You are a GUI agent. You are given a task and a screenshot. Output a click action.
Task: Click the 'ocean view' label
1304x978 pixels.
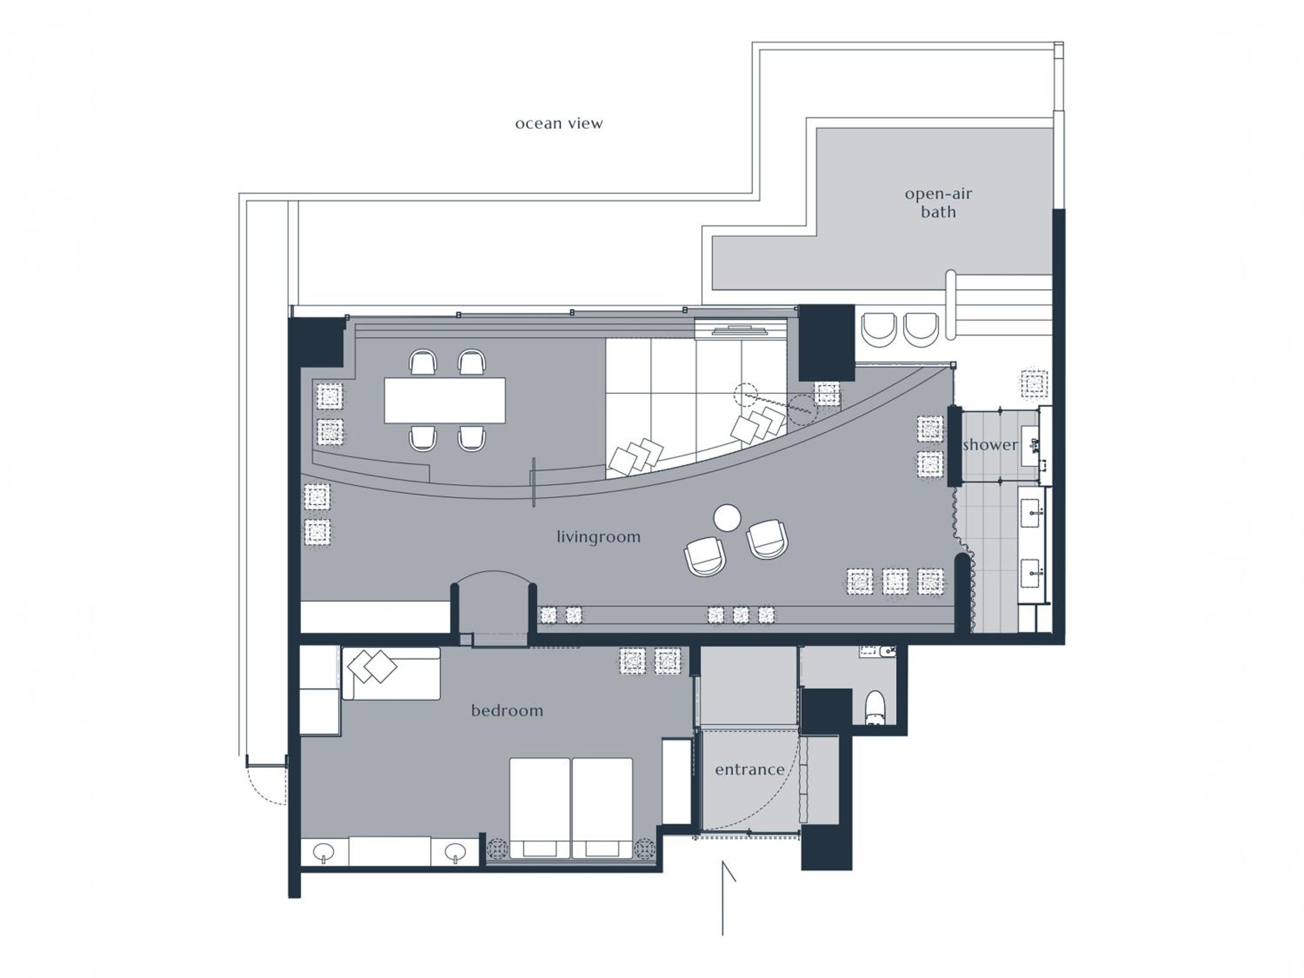559,124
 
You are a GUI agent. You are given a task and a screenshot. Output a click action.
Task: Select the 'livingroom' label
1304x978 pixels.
599,537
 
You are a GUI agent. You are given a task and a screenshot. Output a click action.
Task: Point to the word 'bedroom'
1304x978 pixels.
507,710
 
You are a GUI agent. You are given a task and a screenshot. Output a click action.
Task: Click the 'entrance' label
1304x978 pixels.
749,769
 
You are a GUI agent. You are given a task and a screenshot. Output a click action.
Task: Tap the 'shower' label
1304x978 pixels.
990,445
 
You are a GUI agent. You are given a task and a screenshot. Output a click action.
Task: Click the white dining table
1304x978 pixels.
445,400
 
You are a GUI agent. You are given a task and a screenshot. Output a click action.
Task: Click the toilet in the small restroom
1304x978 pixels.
875,707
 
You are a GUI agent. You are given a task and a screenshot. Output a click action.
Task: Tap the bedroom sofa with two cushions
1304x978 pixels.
391,673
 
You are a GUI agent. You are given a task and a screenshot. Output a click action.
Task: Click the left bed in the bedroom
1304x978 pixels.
539,808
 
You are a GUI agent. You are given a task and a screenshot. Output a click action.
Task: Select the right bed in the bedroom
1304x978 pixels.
602,808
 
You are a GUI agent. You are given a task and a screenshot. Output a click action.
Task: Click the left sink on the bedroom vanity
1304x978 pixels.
324,852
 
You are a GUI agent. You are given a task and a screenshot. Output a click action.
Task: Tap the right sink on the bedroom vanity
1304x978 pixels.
455,852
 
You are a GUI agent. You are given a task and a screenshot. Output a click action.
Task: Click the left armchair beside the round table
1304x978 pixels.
705,556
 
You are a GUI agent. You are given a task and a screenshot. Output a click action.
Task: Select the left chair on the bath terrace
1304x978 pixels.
879,330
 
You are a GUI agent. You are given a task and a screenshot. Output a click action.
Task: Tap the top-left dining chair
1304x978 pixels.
423,362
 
